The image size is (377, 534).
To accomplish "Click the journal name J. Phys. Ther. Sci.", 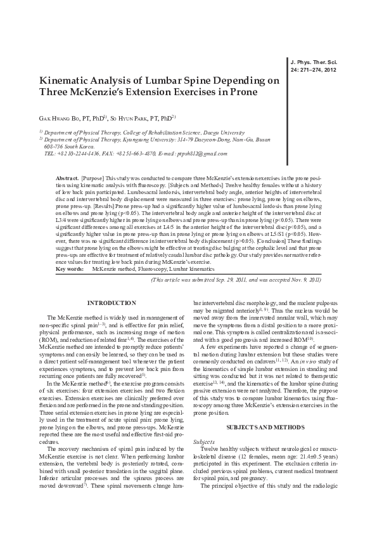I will (312, 62).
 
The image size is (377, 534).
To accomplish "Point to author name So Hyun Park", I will (134, 118).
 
